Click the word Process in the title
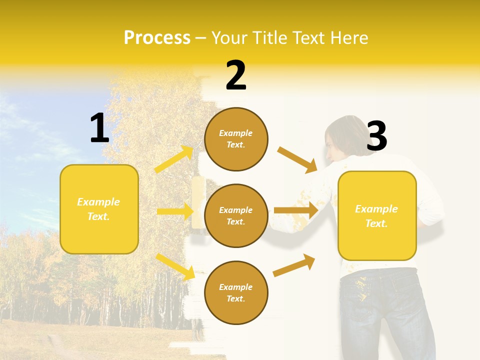pyautogui.click(x=157, y=37)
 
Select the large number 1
pyautogui.click(x=99, y=128)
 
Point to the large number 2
pyautogui.click(x=236, y=75)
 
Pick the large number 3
pyautogui.click(x=376, y=136)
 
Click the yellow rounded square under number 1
pyautogui.click(x=99, y=209)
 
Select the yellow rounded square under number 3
pyautogui.click(x=377, y=216)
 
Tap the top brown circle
pyautogui.click(x=236, y=139)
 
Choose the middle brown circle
pyautogui.click(x=236, y=216)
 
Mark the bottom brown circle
pyautogui.click(x=236, y=293)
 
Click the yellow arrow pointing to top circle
pyautogui.click(x=174, y=159)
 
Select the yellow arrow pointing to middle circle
pyautogui.click(x=175, y=211)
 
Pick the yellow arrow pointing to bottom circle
pyautogui.click(x=175, y=266)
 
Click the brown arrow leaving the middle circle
pyautogui.click(x=296, y=210)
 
